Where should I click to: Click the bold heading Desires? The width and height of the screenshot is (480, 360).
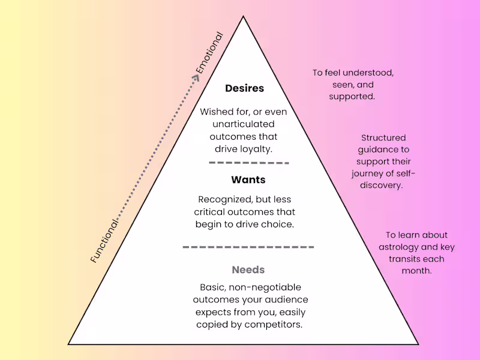(x=244, y=88)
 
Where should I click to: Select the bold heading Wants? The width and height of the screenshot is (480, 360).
(x=248, y=179)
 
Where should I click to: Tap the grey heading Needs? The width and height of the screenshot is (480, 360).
(x=248, y=270)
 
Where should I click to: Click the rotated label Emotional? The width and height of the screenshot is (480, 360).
(x=209, y=53)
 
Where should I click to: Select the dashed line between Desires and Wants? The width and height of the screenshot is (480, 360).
(x=248, y=163)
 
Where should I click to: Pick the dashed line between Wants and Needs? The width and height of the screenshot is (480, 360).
(x=248, y=247)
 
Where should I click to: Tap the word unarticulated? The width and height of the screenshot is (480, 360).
(x=244, y=124)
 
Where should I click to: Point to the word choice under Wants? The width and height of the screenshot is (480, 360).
(x=279, y=224)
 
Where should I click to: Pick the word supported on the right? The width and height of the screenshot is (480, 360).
(x=352, y=96)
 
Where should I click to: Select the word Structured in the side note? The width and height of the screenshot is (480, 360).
(x=383, y=138)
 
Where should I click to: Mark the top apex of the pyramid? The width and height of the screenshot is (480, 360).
(x=243, y=17)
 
